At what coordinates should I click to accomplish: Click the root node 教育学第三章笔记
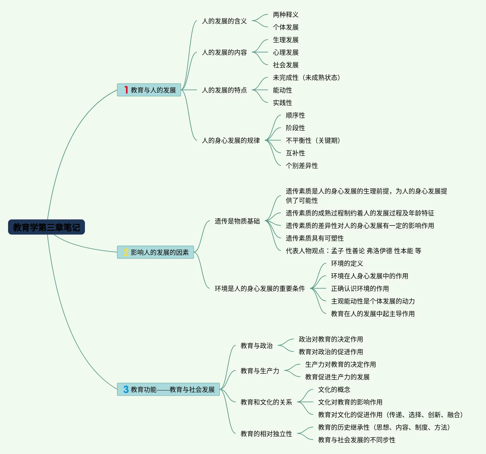[x=47, y=227]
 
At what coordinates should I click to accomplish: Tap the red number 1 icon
[x=126, y=90]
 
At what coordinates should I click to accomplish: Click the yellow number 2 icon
[x=126, y=252]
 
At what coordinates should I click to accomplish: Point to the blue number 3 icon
[x=126, y=389]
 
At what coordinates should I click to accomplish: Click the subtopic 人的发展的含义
[x=224, y=21]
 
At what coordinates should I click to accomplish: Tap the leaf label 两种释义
[x=285, y=15]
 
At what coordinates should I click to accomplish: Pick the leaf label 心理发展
[x=285, y=52]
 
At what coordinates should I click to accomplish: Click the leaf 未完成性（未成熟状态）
[x=306, y=77]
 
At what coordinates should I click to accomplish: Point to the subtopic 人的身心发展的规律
[x=231, y=140]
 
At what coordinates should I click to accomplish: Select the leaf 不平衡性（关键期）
[x=313, y=140]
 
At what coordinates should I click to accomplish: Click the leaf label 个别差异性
[x=302, y=166]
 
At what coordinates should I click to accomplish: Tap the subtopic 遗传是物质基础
[x=237, y=221]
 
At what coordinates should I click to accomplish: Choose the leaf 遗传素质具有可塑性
[x=315, y=238]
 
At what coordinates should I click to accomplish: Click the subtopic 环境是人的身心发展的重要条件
[x=260, y=288]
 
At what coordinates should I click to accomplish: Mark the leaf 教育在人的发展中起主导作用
[x=373, y=314]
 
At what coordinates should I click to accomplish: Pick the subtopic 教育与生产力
[x=260, y=371]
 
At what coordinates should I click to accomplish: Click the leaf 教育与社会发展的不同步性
[x=357, y=440]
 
